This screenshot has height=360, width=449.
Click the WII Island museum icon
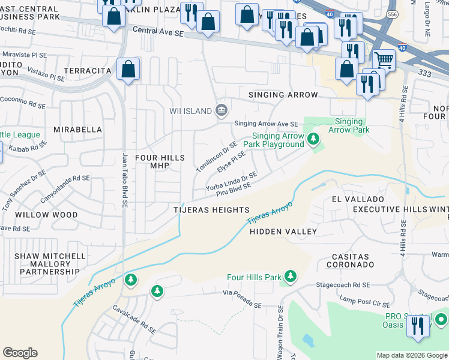pos(221,109)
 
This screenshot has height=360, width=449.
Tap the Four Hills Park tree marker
pos(291,276)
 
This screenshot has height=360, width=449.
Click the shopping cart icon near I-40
pos(384,60)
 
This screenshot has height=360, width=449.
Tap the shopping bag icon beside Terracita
pos(128,69)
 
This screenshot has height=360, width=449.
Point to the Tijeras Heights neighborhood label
pos(211,210)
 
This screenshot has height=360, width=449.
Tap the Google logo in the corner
pos(20,353)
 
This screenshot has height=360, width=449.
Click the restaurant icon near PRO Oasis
pos(415,326)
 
